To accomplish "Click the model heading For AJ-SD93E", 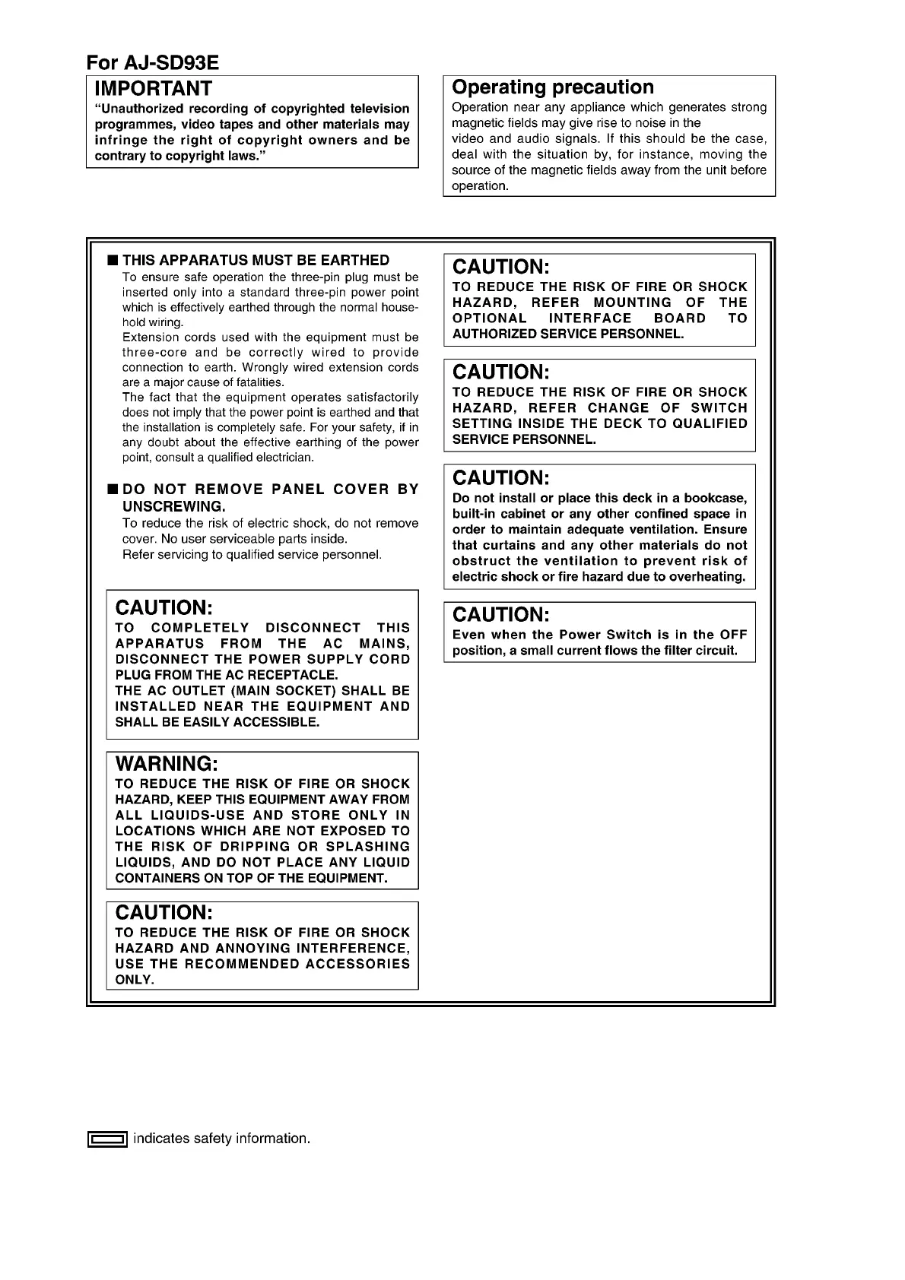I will (x=152, y=62).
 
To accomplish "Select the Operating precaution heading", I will (x=552, y=87).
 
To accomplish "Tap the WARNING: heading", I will (x=167, y=763).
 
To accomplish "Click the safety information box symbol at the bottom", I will (x=106, y=1139).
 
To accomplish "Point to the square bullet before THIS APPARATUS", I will (x=113, y=261).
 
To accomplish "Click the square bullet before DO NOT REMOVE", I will (x=113, y=489).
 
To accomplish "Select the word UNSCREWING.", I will (x=173, y=506).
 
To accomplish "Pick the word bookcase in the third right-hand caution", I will (x=714, y=498).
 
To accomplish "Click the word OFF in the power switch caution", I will (x=734, y=635).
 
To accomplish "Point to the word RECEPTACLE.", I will (x=297, y=675).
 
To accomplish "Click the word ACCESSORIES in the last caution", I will (x=357, y=964).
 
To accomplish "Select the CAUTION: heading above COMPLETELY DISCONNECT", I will (x=164, y=607).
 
